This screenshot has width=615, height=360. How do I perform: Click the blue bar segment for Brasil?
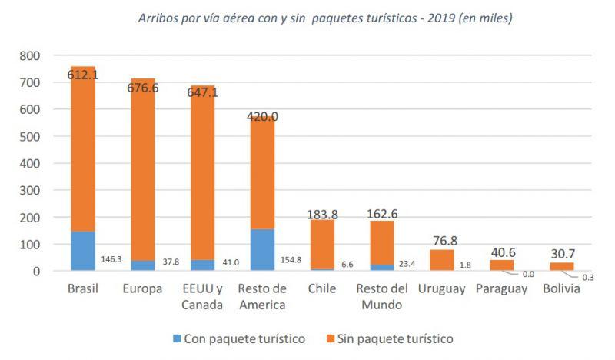coord(83,251)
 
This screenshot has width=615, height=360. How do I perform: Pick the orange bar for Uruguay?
coord(442,260)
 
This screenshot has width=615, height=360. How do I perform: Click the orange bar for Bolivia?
coord(562,266)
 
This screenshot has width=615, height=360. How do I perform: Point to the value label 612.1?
coord(82,75)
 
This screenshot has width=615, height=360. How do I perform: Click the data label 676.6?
coord(142,88)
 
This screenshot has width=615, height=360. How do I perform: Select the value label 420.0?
coord(262,117)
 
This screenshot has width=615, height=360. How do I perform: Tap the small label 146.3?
coord(111,260)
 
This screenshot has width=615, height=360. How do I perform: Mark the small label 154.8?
coord(291,260)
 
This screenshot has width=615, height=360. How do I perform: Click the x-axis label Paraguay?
coord(501,288)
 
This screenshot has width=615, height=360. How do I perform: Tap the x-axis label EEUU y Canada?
coord(203,296)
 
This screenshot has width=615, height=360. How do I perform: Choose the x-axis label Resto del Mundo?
coord(382,296)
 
